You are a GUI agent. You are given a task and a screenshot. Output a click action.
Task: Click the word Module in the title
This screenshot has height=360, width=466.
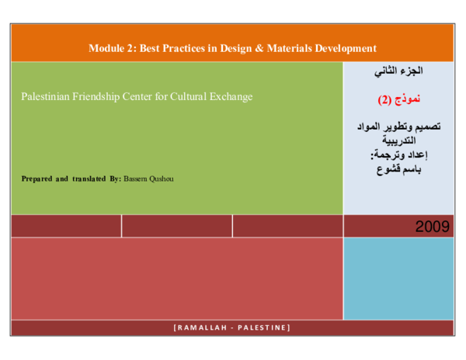(x=106, y=48)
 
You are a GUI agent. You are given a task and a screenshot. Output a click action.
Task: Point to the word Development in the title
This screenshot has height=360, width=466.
(x=345, y=48)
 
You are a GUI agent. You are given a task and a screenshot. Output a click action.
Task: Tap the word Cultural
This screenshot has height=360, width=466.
(x=185, y=97)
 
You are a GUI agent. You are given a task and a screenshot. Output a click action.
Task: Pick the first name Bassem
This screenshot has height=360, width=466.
(x=136, y=178)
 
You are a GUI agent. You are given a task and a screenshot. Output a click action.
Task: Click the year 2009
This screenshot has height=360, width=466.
(x=432, y=227)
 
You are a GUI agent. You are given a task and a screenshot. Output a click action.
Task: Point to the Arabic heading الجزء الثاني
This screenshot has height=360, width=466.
(x=398, y=71)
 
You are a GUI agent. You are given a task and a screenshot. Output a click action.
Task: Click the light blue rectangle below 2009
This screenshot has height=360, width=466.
(x=398, y=278)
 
